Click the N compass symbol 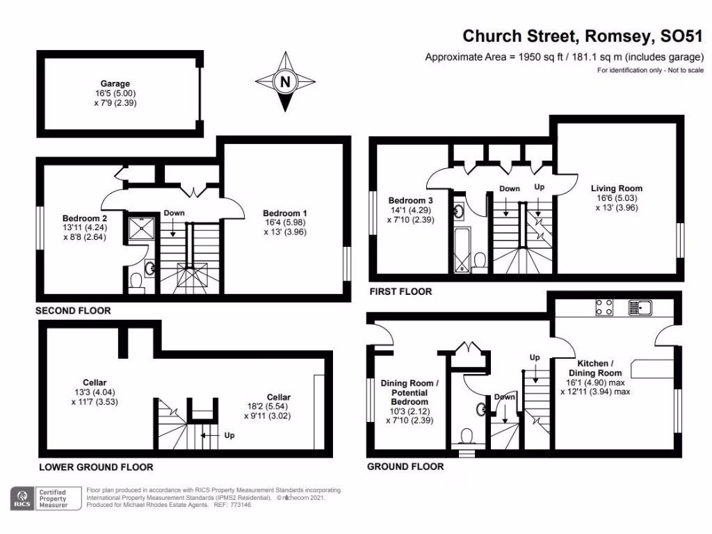point(284,82)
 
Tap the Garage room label point(115,83)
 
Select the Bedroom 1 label point(285,213)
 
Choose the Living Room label point(617,188)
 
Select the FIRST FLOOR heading point(400,291)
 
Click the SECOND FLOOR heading point(74,311)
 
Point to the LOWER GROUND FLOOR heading point(96,467)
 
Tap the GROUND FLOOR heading point(405,467)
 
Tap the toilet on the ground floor point(467,436)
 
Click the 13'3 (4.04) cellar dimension point(95,393)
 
